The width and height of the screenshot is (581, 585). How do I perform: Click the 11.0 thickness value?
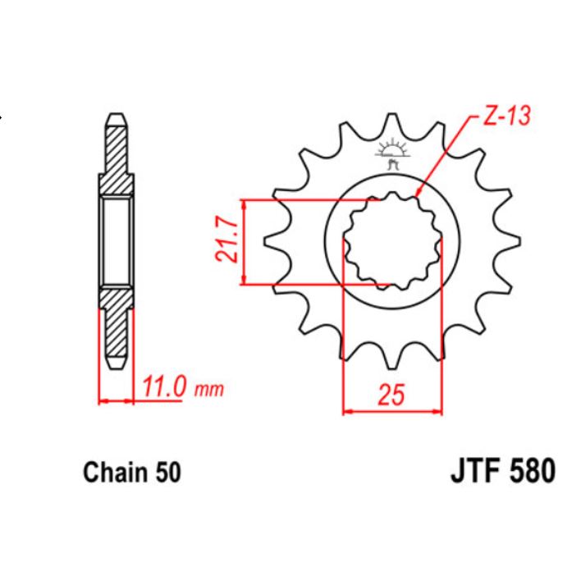click(164, 386)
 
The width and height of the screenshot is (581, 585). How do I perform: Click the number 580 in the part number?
click(532, 473)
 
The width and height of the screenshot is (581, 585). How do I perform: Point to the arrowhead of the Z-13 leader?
click(418, 195)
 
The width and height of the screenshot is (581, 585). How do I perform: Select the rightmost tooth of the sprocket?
click(510, 241)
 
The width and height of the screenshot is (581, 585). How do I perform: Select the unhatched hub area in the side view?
click(116, 241)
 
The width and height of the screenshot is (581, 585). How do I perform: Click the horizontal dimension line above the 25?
click(391, 411)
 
